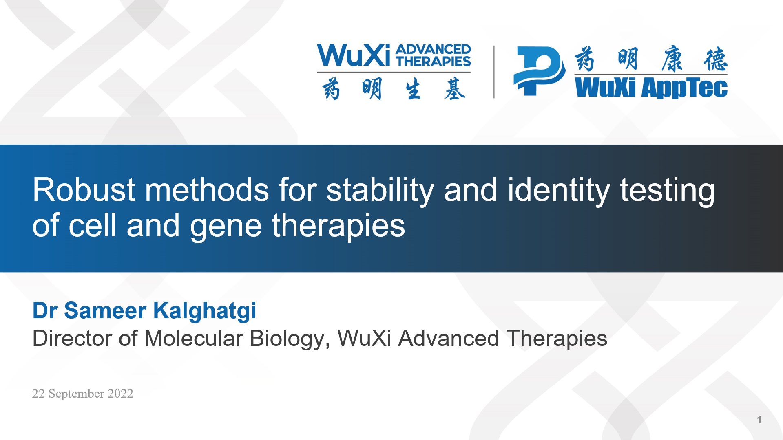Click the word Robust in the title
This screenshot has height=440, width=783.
(x=84, y=190)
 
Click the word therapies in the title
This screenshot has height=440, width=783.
(x=338, y=226)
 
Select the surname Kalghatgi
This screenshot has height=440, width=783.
(x=205, y=311)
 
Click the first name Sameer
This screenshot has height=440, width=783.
(x=105, y=310)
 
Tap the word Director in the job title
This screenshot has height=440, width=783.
(x=72, y=338)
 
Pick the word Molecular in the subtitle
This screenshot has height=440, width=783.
(x=194, y=338)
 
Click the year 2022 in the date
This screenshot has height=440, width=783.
(x=120, y=394)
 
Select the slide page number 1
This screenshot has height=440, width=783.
(x=759, y=419)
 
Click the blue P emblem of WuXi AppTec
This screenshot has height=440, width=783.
(x=539, y=71)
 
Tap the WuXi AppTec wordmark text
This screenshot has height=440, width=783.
(x=651, y=88)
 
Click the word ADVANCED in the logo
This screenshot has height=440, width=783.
(x=433, y=49)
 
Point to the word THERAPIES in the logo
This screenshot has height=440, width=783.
(x=433, y=61)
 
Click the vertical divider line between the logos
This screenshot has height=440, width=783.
(x=494, y=72)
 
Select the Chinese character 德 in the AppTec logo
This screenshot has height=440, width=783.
(x=715, y=59)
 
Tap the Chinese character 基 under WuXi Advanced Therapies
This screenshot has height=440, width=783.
(x=455, y=89)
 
